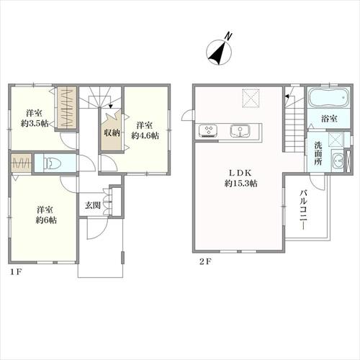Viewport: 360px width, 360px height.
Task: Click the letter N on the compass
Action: pyautogui.click(x=228, y=36)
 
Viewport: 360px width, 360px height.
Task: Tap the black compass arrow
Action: pyautogui.click(x=217, y=54)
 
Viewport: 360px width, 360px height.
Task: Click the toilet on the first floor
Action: pyautogui.click(x=53, y=163)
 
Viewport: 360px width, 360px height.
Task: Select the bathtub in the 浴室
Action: pyautogui.click(x=328, y=97)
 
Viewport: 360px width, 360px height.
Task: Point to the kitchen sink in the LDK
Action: pyautogui.click(x=240, y=131)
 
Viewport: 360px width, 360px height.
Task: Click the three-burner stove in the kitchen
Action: pyautogui.click(x=208, y=131)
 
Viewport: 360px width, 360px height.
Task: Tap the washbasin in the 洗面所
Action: pyautogui.click(x=338, y=161)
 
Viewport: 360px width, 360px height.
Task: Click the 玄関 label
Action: pyautogui.click(x=93, y=205)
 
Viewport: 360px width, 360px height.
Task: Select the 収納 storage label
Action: pyautogui.click(x=112, y=132)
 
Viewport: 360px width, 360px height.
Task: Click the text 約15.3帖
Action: pyautogui.click(x=241, y=184)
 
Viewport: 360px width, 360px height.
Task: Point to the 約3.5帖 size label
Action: pyautogui.click(x=35, y=124)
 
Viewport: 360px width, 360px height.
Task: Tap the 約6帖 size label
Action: pyautogui.click(x=46, y=220)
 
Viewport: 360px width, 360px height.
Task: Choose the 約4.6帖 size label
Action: pyautogui.click(x=145, y=136)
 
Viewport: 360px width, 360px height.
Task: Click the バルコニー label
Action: pyautogui.click(x=303, y=210)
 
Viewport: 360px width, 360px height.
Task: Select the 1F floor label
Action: pyautogui.click(x=16, y=272)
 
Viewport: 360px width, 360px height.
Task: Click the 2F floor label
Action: pyautogui.click(x=205, y=261)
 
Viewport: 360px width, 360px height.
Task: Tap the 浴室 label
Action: pyautogui.click(x=329, y=119)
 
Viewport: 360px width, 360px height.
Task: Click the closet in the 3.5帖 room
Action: pyautogui.click(x=67, y=107)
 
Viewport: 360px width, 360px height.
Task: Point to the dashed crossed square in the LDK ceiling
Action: pyautogui.click(x=251, y=97)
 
